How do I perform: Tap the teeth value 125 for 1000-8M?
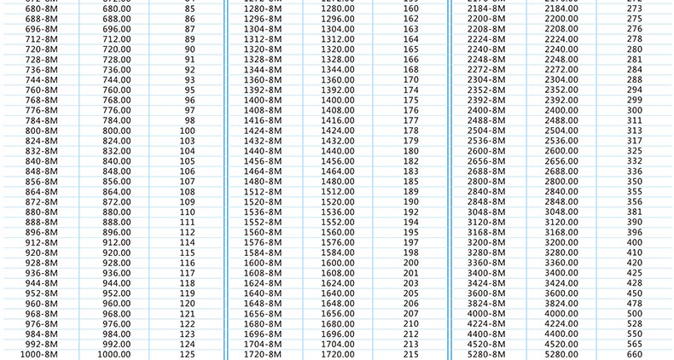(x=188, y=354)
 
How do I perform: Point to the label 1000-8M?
(x=38, y=354)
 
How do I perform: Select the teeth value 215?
(x=411, y=354)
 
